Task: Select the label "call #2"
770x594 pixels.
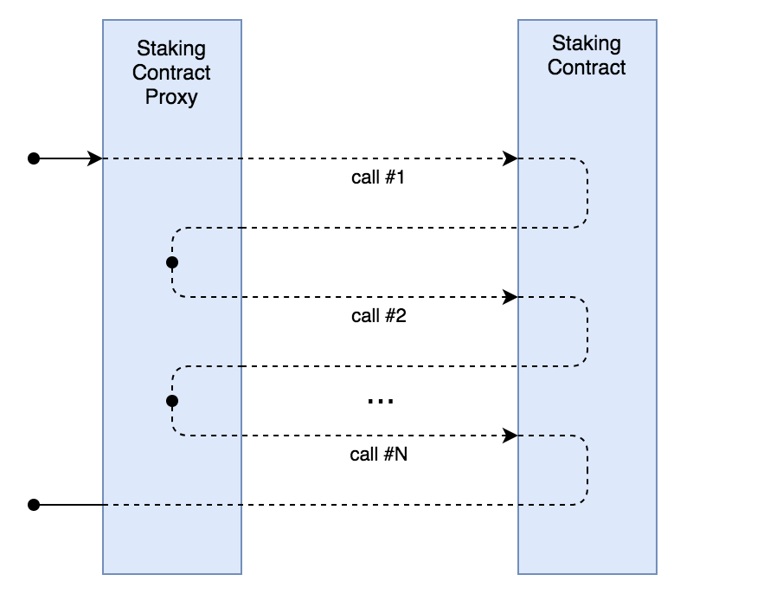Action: coord(379,315)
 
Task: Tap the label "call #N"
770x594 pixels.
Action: coord(379,454)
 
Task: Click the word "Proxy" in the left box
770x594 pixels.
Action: coord(171,96)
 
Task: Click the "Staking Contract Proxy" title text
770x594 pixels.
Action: coord(171,72)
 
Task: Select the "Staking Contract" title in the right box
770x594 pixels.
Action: coord(587,55)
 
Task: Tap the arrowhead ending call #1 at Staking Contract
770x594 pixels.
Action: coord(511,158)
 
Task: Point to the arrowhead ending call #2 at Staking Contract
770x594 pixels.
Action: coord(511,297)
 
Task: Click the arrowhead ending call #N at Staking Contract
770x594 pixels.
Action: coord(511,435)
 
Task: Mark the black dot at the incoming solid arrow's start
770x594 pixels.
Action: coord(34,158)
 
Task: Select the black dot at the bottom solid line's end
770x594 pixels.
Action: coord(34,504)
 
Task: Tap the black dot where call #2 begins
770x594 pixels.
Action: coord(171,261)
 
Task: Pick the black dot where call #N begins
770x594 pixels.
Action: coord(171,401)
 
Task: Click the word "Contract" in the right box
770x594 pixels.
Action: coord(587,67)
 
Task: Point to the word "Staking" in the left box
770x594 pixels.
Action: coord(171,48)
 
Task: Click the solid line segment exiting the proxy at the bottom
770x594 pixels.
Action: coord(69,504)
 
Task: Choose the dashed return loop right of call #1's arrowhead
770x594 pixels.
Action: coord(587,193)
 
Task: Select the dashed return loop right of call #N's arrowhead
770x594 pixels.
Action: coord(587,470)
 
